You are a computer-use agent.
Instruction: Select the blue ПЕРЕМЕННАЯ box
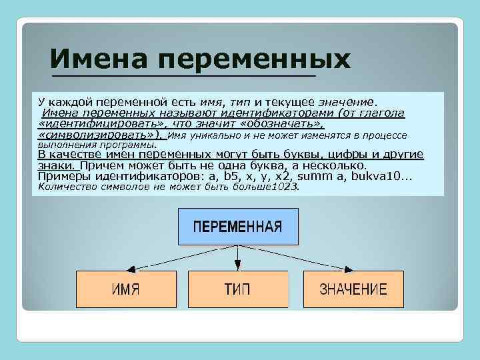[x=237, y=226]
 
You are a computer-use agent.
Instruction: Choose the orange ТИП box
[x=237, y=289]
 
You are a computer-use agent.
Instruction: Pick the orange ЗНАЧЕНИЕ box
[x=353, y=289]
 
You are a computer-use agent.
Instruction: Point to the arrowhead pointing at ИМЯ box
[x=133, y=269]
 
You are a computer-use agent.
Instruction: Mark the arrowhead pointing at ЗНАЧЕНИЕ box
[x=347, y=269]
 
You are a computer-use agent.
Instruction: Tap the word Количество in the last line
[x=67, y=187]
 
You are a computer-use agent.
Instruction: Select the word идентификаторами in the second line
[x=283, y=113]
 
